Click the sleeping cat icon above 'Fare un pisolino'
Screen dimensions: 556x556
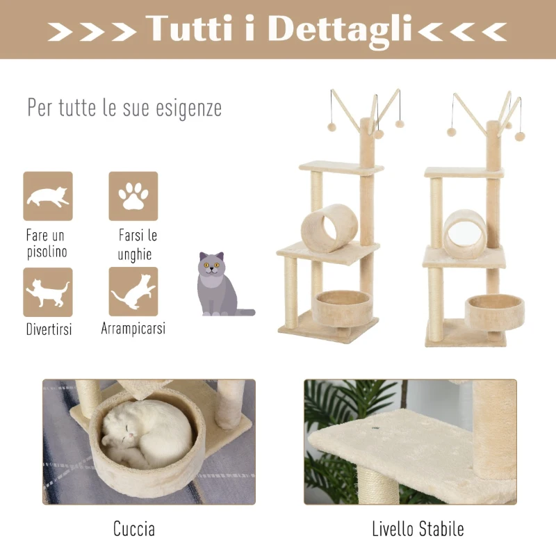48,196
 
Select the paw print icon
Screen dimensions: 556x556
133,196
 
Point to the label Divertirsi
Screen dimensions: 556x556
49,329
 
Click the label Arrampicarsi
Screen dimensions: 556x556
133,328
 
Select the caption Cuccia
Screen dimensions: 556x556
134,529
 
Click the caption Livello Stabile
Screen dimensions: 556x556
418,529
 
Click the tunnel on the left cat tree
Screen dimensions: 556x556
329,227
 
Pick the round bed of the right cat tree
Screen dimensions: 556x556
493,311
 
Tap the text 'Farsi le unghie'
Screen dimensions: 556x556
134,245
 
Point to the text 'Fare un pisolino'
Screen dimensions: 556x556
47,244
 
